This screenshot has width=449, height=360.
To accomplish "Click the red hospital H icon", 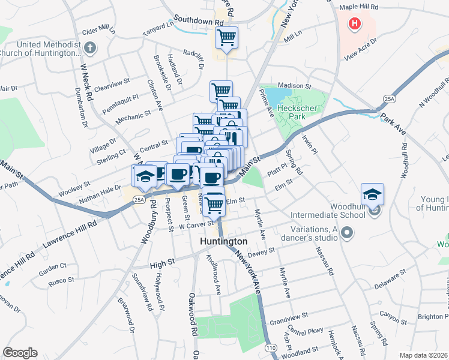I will (x=355, y=24).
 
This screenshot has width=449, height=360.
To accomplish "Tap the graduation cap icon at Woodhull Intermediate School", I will (x=372, y=194).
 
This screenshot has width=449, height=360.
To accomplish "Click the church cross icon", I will (x=89, y=47).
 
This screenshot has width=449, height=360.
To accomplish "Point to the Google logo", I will (x=20, y=353).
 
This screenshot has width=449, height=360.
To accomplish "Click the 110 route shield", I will (x=271, y=347).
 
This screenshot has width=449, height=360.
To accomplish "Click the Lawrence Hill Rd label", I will (x=70, y=235).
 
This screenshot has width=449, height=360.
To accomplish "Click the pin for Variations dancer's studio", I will (x=346, y=232).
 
